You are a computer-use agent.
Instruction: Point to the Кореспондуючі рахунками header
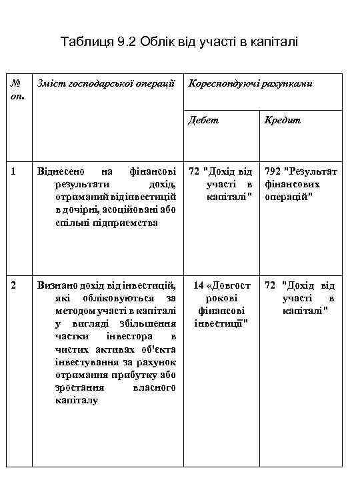(251, 84)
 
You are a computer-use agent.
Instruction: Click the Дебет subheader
(203, 121)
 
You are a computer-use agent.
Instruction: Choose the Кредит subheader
(282, 121)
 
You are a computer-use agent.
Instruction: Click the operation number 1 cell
(13, 172)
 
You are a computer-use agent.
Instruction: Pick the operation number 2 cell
(13, 286)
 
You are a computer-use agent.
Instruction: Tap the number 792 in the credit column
(273, 172)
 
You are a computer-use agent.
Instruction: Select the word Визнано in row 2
(59, 286)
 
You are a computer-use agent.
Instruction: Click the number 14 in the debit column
(199, 286)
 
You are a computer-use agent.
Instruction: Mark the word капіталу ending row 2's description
(77, 400)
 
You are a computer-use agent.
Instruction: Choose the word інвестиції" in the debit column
(221, 324)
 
